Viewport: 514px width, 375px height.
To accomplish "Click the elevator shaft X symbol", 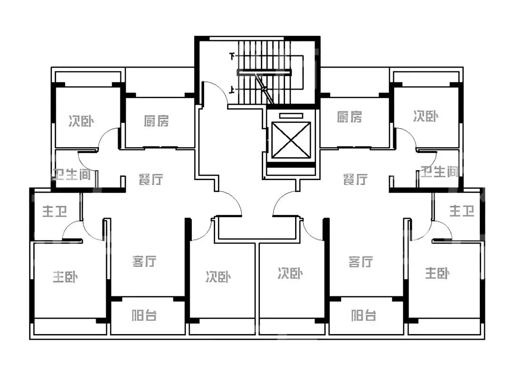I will [291, 140].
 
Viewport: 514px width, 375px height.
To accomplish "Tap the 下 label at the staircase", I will [232, 56].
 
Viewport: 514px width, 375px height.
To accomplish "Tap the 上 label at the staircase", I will [232, 89].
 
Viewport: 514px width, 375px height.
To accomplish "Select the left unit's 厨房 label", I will [157, 121].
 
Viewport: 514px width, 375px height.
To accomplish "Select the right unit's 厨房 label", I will [349, 117].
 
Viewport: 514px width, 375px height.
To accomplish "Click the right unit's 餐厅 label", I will [356, 180].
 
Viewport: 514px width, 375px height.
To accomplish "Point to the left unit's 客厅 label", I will [144, 261].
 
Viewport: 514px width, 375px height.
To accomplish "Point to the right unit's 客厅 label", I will [360, 262].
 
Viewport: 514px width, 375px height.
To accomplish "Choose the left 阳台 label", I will [144, 315].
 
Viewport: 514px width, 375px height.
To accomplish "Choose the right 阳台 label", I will [364, 315].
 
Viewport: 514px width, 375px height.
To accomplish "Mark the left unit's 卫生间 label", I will [72, 174].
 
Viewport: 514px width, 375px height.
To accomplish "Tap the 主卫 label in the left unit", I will [54, 212].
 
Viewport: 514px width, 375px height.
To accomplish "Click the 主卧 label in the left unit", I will [65, 277].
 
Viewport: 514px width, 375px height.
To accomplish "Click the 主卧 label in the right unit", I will [437, 274].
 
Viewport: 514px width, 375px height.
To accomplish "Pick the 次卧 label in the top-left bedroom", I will [81, 121].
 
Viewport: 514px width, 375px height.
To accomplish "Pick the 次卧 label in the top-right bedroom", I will [425, 116].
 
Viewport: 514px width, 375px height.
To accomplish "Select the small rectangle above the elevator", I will [291, 116].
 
